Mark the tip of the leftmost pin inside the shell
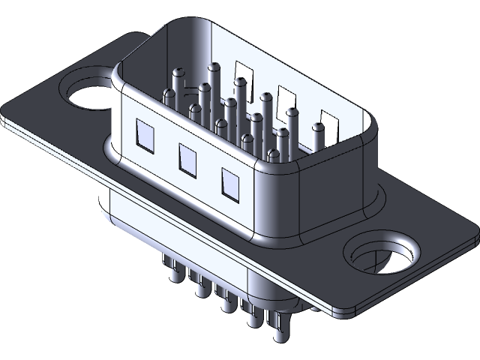click(x=178, y=73)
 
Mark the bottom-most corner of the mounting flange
click(x=341, y=312)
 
